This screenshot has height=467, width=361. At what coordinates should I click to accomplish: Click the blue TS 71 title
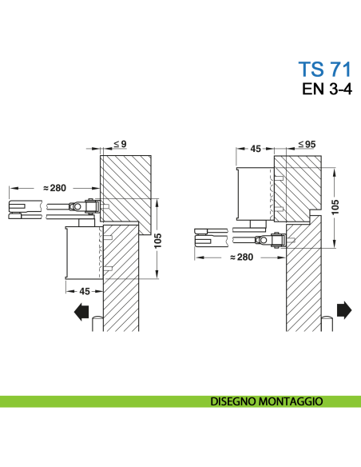(x=323, y=70)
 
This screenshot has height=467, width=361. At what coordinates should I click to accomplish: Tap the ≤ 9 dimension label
(x=120, y=144)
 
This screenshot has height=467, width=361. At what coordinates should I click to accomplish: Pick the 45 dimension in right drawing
(x=256, y=148)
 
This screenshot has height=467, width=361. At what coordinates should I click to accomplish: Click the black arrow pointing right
(x=344, y=309)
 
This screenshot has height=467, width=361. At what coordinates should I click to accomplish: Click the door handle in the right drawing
(x=326, y=323)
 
